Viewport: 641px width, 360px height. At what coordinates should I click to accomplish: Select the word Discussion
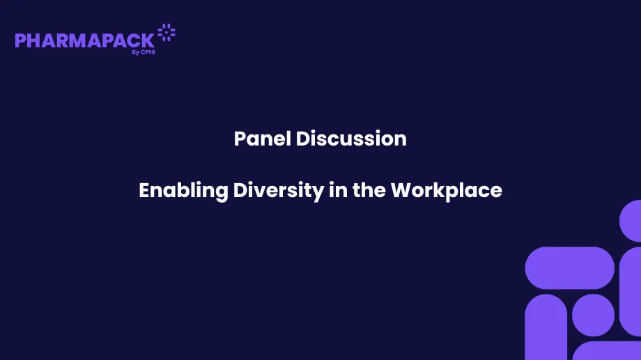351,139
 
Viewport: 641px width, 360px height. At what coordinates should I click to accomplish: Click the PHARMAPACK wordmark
84,40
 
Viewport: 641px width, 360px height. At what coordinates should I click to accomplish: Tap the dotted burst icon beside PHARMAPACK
167,32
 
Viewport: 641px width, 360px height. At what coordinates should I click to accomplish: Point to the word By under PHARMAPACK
134,52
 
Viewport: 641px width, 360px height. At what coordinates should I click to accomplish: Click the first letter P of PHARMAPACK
21,40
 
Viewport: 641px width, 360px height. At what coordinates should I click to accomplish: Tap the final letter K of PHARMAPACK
147,40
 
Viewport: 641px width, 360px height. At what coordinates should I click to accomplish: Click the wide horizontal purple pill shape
569,267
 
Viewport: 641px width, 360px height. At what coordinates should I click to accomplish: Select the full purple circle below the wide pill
593,315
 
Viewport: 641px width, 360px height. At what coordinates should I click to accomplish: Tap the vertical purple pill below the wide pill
546,327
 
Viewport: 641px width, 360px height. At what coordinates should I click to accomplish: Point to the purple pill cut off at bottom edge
606,351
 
